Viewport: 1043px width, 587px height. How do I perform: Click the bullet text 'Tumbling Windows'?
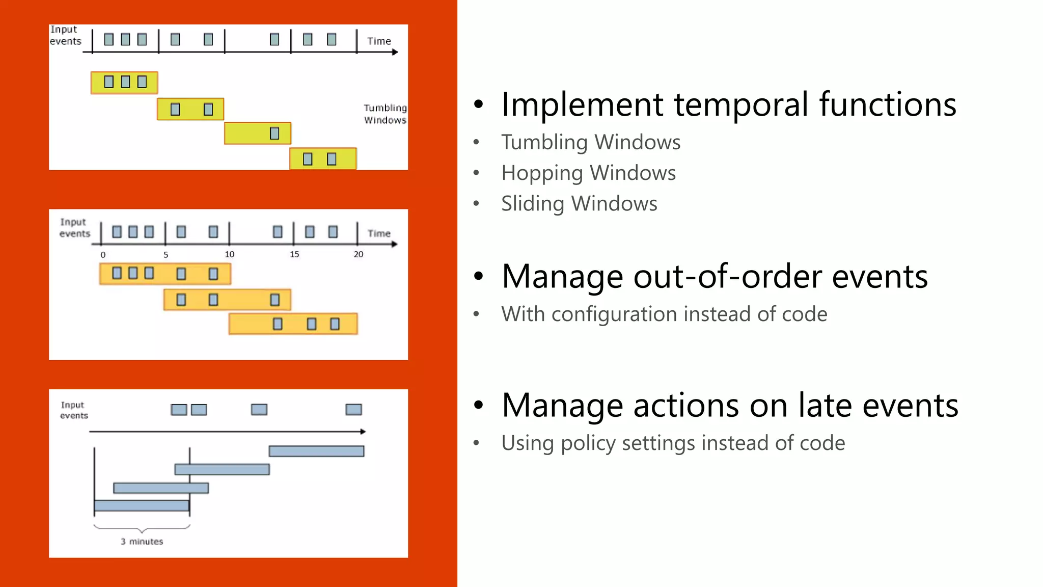click(x=590, y=142)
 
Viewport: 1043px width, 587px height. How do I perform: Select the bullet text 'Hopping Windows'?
click(x=588, y=173)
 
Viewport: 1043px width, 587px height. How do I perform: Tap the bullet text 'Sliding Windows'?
click(x=579, y=204)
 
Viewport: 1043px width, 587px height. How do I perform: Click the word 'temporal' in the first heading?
click(x=741, y=104)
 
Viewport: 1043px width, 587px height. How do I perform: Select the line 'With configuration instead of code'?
click(x=664, y=314)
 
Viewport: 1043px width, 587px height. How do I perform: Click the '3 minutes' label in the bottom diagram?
click(x=142, y=541)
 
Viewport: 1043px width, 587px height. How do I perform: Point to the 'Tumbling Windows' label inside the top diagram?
click(x=385, y=114)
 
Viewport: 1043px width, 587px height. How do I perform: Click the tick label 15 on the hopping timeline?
click(x=294, y=254)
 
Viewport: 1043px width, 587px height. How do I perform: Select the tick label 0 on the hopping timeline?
click(x=103, y=255)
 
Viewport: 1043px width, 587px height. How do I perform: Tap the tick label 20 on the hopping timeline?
click(x=359, y=254)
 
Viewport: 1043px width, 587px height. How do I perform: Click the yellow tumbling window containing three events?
click(x=124, y=83)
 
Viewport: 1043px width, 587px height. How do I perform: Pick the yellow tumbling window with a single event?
click(x=257, y=134)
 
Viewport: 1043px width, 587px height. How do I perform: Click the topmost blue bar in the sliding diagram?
click(x=316, y=451)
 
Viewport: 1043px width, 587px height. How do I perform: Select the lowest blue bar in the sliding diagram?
click(x=142, y=505)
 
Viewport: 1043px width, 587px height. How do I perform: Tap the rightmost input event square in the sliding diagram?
click(x=353, y=410)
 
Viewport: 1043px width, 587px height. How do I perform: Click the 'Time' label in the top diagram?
click(x=379, y=41)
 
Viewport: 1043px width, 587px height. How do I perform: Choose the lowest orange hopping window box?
click(x=293, y=324)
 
